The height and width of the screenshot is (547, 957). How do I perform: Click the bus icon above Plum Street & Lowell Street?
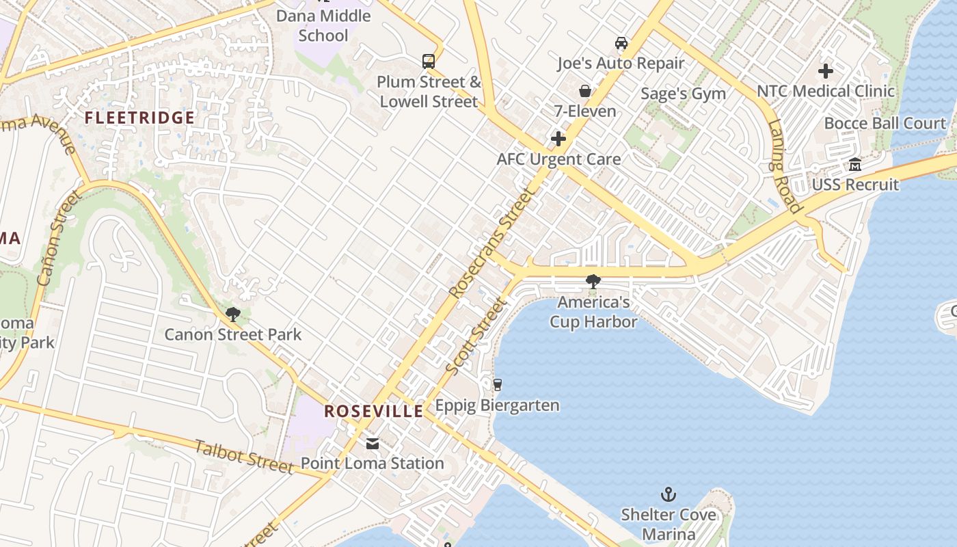click(429, 62)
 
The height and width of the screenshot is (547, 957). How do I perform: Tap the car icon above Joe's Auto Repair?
click(621, 43)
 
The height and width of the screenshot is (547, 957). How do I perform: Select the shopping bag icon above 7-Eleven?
click(585, 90)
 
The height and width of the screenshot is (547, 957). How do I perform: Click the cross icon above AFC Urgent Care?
click(558, 139)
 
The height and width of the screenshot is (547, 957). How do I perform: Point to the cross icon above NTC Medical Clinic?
click(826, 70)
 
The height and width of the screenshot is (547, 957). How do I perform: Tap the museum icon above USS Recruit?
click(855, 164)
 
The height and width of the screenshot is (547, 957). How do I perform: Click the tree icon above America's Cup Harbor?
click(593, 281)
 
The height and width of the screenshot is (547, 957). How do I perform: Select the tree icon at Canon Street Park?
click(233, 315)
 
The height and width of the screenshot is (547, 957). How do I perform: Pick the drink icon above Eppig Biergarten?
click(498, 385)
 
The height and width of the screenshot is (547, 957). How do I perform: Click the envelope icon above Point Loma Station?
click(373, 443)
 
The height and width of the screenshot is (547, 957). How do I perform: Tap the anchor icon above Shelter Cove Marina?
click(668, 494)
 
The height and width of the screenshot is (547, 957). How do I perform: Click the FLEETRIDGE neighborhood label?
click(139, 118)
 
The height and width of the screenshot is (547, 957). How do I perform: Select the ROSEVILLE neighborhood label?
click(373, 411)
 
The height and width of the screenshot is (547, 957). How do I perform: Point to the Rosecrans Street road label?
click(491, 244)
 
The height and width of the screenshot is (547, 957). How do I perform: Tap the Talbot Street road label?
click(244, 457)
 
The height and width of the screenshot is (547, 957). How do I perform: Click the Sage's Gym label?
click(683, 93)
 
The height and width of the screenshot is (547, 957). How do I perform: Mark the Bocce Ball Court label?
click(885, 124)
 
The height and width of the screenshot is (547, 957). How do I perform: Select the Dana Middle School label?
click(323, 25)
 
